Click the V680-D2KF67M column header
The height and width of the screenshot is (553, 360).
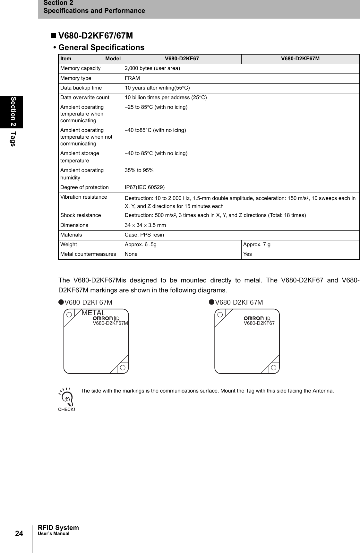[300, 59]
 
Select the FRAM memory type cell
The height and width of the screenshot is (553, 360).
[132, 78]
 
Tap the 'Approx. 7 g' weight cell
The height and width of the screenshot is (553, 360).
[257, 245]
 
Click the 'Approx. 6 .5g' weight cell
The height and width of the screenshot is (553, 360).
[141, 245]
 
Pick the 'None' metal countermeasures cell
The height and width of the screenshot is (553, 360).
[131, 254]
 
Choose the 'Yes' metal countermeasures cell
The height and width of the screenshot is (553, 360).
[247, 254]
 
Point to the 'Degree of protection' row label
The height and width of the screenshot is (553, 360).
[84, 187]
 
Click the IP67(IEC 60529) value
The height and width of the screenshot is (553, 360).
[144, 187]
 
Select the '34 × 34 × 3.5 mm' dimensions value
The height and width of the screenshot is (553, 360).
[145, 225]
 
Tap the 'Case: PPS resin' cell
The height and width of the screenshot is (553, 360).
[144, 235]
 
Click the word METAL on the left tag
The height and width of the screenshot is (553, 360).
[93, 313]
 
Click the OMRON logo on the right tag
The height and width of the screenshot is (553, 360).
[253, 318]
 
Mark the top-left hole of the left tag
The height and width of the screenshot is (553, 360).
[69, 315]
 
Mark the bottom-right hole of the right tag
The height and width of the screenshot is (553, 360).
[274, 367]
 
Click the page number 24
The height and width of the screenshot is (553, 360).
[19, 533]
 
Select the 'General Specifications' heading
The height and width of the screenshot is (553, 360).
[101, 48]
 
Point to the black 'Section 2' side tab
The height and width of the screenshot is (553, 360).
[13, 112]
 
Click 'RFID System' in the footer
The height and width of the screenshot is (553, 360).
[58, 528]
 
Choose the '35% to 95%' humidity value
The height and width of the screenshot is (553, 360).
[139, 170]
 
